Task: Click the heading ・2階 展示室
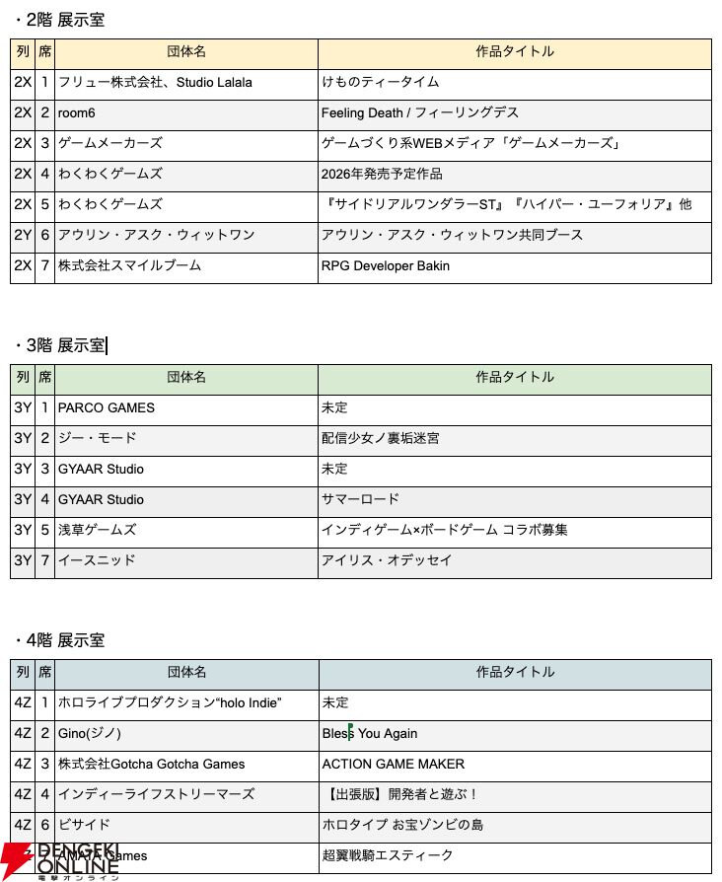(59, 20)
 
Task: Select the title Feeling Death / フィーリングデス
(419, 112)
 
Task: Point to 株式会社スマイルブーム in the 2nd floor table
(129, 265)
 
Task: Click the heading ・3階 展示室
(59, 344)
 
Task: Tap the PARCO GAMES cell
(107, 407)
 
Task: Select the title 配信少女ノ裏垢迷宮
(380, 438)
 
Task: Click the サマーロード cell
(360, 499)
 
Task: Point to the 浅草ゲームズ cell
(97, 530)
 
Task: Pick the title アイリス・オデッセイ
(386, 560)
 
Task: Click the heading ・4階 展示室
(59, 640)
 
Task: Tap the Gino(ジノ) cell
(90, 733)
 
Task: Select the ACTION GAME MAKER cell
(393, 764)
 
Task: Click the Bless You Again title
(369, 733)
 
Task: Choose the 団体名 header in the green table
(186, 377)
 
